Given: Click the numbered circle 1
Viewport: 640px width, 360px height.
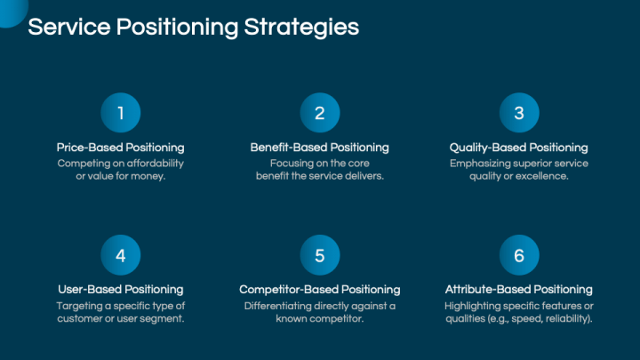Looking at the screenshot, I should point(121,113).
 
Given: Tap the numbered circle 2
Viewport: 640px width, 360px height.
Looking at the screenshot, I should point(320,113).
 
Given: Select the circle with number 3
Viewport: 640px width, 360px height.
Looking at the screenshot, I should point(519,113).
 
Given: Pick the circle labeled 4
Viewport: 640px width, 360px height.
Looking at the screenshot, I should point(121,255).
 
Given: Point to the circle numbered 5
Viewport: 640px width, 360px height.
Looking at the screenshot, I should point(320,255).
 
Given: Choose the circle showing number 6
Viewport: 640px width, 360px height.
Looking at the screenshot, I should point(519,255).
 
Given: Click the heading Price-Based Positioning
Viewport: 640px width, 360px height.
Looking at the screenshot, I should point(121,148).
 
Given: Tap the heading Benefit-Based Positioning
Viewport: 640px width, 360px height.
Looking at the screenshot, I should point(320,148).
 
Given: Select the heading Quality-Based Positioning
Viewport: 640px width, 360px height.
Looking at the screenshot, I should point(519,148).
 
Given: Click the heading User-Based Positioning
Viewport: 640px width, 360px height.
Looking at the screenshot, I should point(121,290).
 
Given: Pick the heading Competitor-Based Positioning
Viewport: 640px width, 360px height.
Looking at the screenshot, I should point(320,290).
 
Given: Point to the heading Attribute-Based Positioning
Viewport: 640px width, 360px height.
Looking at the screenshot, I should point(519,290).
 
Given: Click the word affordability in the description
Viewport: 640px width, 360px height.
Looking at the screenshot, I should point(155,164).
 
